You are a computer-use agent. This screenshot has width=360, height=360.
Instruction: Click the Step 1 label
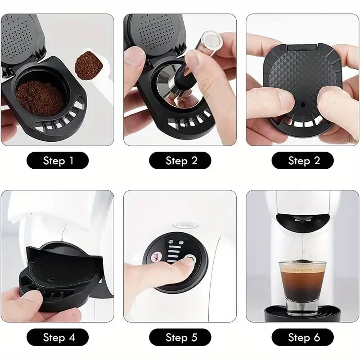point(58,161)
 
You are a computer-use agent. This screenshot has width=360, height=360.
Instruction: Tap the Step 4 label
point(58,337)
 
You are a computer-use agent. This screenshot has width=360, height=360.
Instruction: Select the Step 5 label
point(180,337)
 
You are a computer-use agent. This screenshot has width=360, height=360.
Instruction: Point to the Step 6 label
point(303,337)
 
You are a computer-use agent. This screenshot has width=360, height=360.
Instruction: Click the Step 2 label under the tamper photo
point(180,161)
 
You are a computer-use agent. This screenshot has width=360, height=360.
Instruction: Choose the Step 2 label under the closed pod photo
point(303,161)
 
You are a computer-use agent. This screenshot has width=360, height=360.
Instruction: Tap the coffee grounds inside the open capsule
point(39,96)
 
